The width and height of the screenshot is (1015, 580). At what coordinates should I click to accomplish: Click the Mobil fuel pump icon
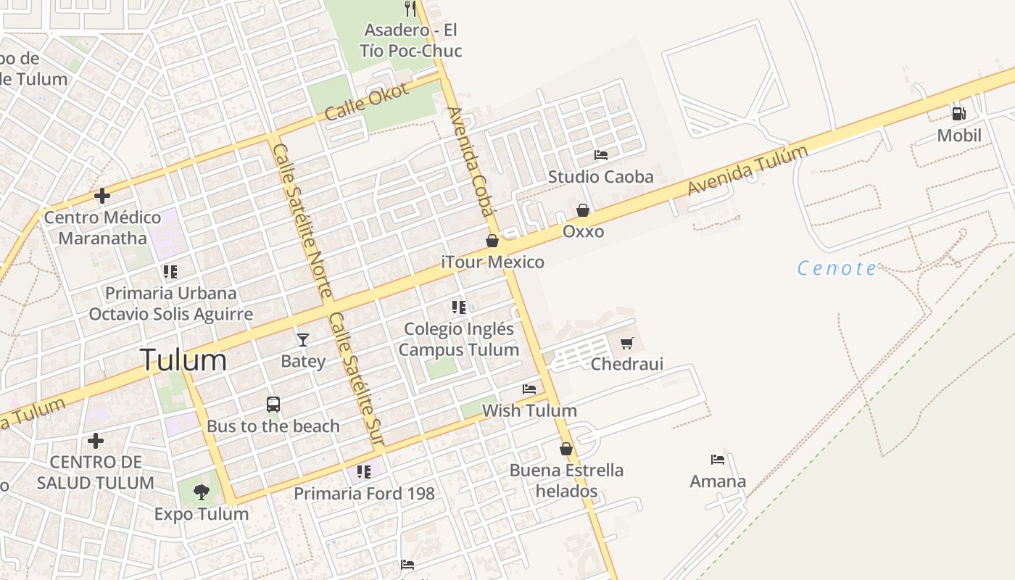[958, 114]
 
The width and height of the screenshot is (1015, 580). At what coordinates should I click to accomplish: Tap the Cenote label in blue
[837, 268]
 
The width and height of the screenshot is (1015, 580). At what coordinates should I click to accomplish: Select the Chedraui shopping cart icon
[626, 343]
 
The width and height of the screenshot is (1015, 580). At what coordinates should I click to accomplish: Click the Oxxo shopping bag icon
[583, 210]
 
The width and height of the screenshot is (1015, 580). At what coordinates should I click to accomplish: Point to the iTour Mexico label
[493, 262]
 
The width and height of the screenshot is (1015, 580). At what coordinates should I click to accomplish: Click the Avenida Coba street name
[471, 161]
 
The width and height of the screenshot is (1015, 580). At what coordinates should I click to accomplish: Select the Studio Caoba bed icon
[600, 155]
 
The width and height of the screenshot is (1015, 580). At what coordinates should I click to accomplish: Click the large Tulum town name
[183, 360]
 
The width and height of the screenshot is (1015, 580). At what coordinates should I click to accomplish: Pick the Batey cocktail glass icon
[302, 339]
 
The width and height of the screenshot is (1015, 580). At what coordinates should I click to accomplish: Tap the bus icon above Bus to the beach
[273, 405]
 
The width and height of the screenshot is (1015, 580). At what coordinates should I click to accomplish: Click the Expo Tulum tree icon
[201, 492]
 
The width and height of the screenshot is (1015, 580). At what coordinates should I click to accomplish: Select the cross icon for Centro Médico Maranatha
[102, 196]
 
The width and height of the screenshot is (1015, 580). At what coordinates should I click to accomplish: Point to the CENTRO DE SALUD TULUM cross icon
[95, 441]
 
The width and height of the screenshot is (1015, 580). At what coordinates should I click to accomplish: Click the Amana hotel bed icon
[718, 460]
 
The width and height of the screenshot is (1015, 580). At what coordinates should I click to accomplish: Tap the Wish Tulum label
[529, 410]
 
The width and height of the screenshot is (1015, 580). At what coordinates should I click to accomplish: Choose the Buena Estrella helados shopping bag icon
[566, 449]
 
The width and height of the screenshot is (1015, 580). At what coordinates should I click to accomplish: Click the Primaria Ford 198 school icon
[364, 472]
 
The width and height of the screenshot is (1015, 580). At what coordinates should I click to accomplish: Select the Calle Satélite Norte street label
[302, 220]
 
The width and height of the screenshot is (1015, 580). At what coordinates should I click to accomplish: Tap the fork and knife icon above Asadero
[410, 9]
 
